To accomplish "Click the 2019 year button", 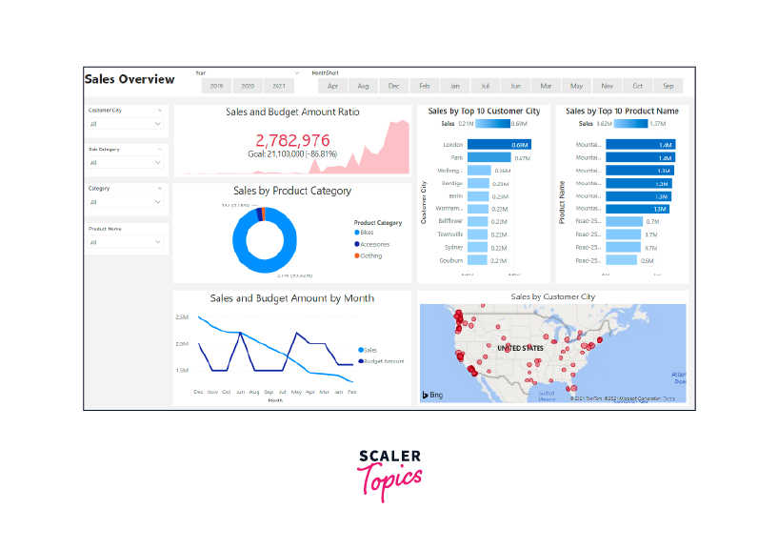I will pyautogui.click(x=216, y=86).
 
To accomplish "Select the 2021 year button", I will pyautogui.click(x=277, y=86).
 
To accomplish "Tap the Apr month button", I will pyautogui.click(x=332, y=86).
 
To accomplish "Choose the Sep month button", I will pyautogui.click(x=668, y=86).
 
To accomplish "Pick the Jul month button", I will pyautogui.click(x=486, y=86).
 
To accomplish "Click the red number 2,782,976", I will pyautogui.click(x=292, y=140).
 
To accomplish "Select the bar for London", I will pyautogui.click(x=499, y=145).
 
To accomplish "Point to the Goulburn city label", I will pyautogui.click(x=450, y=260).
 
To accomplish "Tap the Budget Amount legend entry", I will pyautogui.click(x=384, y=361).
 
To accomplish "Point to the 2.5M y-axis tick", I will pyautogui.click(x=181, y=317).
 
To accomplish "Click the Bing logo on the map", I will pyautogui.click(x=433, y=394).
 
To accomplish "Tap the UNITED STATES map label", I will pyautogui.click(x=522, y=348).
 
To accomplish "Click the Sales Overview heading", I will pyautogui.click(x=130, y=79).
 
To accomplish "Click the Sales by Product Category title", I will pyautogui.click(x=292, y=191).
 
